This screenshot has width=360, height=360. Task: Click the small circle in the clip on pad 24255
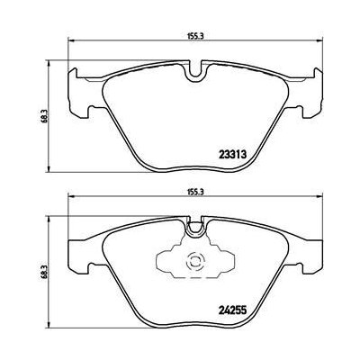[193, 264]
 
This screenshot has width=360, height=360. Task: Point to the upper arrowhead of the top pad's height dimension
[48, 64]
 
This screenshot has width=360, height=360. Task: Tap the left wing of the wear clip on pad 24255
[166, 264]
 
